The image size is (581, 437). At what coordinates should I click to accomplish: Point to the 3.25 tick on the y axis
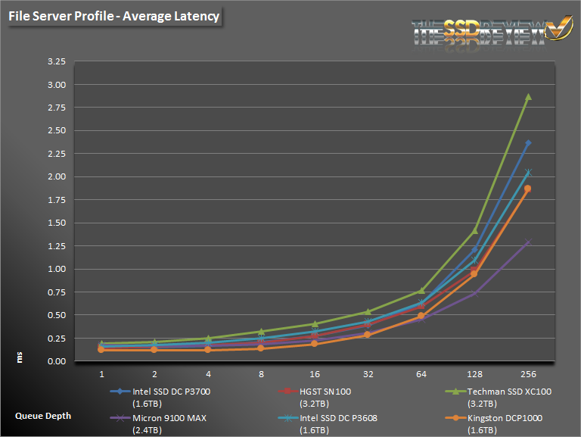[56, 62]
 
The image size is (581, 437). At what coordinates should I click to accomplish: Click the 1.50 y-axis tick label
[56, 223]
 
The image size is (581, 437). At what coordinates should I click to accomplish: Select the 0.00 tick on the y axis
[56, 361]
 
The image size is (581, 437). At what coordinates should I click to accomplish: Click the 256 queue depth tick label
[528, 374]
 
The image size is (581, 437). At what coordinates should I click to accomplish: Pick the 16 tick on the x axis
[315, 374]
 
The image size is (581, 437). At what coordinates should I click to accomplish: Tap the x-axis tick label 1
[101, 374]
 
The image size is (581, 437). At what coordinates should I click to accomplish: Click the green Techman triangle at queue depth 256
[528, 97]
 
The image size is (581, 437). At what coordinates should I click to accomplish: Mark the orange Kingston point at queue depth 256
[528, 189]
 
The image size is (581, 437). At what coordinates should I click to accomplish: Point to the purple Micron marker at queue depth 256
[528, 242]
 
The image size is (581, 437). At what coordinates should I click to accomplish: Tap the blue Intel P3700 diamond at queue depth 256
[528, 142]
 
